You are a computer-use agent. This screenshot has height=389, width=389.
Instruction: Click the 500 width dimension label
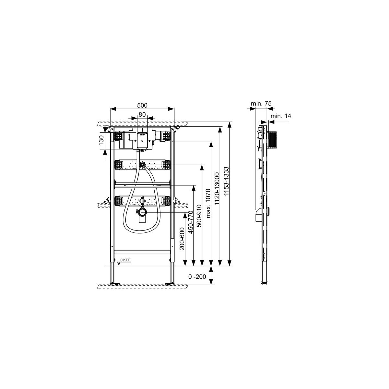(x=142, y=105)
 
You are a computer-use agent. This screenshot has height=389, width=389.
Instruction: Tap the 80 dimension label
(x=142, y=114)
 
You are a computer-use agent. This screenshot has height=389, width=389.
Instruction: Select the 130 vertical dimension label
(x=101, y=140)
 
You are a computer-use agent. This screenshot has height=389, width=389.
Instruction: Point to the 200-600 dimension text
(x=182, y=239)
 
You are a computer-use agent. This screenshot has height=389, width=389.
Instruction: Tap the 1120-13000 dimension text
(x=217, y=189)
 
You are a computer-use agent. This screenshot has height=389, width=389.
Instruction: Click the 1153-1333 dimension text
(x=226, y=181)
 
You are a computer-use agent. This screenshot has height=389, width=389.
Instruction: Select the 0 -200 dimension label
(x=197, y=277)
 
